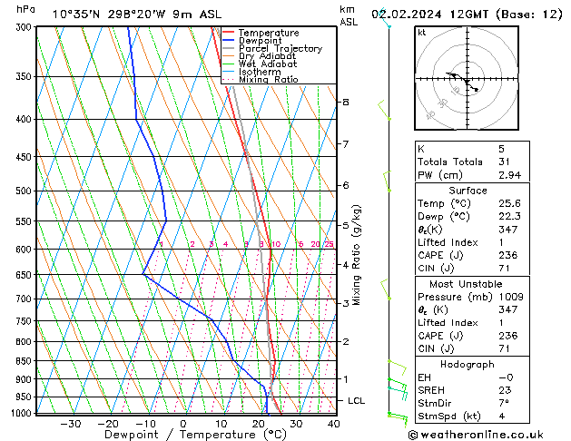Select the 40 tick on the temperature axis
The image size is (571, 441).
(333, 424)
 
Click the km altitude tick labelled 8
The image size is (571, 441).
(345, 103)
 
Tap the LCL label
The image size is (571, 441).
(357, 400)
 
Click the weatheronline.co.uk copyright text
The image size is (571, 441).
(487, 434)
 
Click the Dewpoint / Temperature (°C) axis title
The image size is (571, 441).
(184, 435)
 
